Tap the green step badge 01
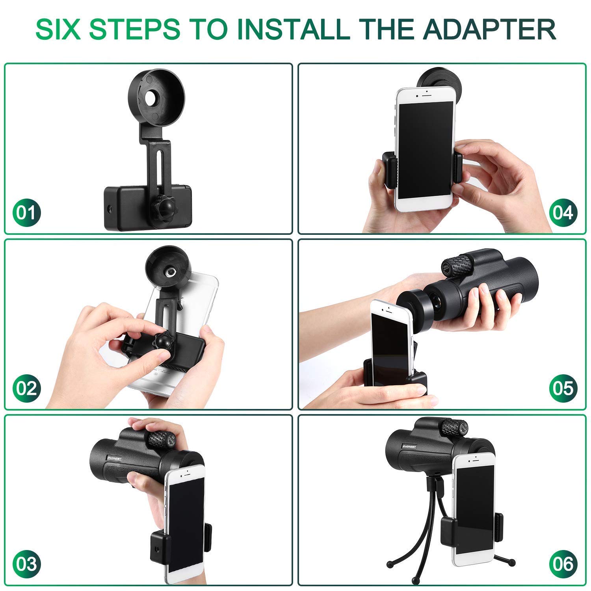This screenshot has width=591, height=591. click(x=26, y=213)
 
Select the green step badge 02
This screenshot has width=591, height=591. click(x=26, y=388)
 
